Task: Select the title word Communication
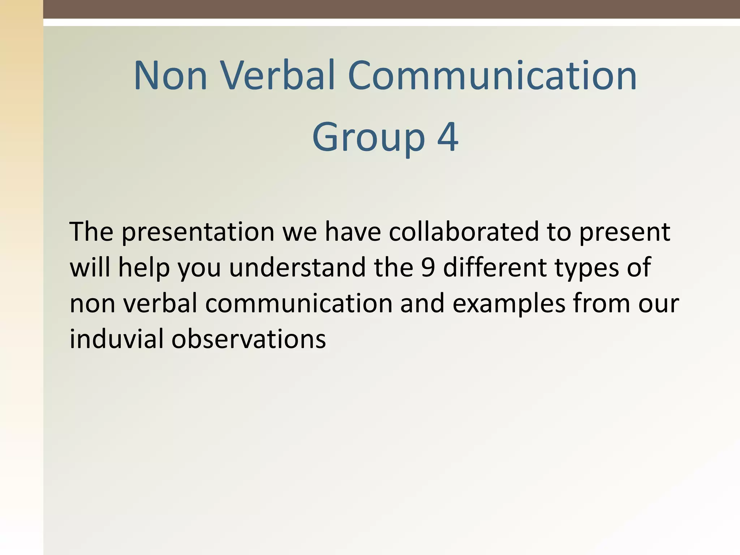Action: tap(492, 76)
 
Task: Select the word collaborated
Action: tap(464, 232)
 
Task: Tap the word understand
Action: tap(297, 268)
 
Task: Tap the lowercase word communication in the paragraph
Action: tap(298, 304)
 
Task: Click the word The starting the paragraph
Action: tap(91, 232)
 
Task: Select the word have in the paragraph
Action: tap(353, 232)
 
